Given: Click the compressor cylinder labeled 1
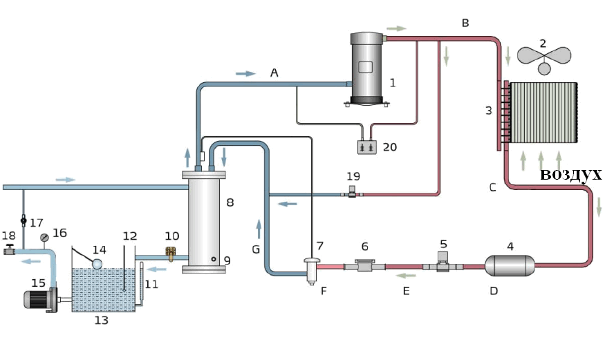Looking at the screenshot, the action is [x=366, y=68].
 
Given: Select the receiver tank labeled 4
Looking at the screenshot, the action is [x=510, y=265].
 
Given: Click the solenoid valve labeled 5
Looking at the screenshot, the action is [x=443, y=263].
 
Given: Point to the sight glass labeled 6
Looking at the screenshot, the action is [x=364, y=265].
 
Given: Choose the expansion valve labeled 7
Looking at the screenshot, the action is [x=312, y=271].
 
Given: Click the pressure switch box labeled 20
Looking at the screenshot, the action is [x=367, y=148].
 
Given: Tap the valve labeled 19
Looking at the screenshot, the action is [x=352, y=191].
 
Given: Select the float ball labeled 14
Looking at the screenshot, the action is [x=97, y=264].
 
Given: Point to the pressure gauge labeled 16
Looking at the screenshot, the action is [x=45, y=238].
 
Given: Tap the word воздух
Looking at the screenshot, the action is [x=570, y=175].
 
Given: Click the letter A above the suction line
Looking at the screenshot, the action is [x=274, y=73].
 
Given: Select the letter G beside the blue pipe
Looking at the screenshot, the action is [x=256, y=249].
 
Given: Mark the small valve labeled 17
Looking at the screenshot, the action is [x=23, y=221].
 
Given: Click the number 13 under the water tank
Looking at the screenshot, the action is [x=102, y=321].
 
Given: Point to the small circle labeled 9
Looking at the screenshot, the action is [x=214, y=259].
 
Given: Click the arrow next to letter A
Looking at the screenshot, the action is [x=245, y=74].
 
